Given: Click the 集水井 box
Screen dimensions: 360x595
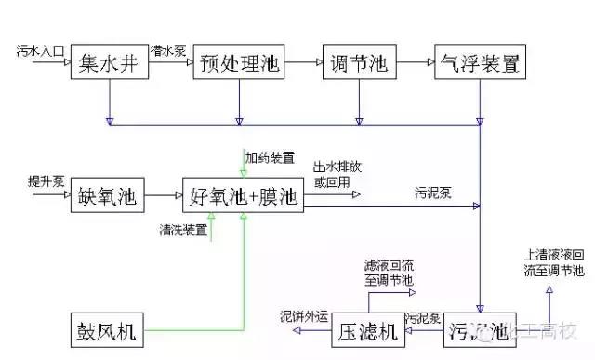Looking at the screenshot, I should pyautogui.click(x=110, y=63).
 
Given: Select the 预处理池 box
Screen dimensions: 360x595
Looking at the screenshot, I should pyautogui.click(x=239, y=63).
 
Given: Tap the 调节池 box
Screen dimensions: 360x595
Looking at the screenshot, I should pyautogui.click(x=358, y=63).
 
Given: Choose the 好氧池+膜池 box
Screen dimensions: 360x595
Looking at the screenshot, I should pyautogui.click(x=245, y=196).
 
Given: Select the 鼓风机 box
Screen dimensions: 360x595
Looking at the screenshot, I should pyautogui.click(x=109, y=331).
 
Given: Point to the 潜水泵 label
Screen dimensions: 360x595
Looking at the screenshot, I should pyautogui.click(x=166, y=47).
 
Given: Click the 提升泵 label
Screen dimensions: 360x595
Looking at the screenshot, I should pyautogui.click(x=45, y=180).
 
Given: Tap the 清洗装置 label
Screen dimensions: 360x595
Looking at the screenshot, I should pyautogui.click(x=184, y=229).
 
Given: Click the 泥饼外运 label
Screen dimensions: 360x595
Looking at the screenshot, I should pyautogui.click(x=304, y=316).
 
